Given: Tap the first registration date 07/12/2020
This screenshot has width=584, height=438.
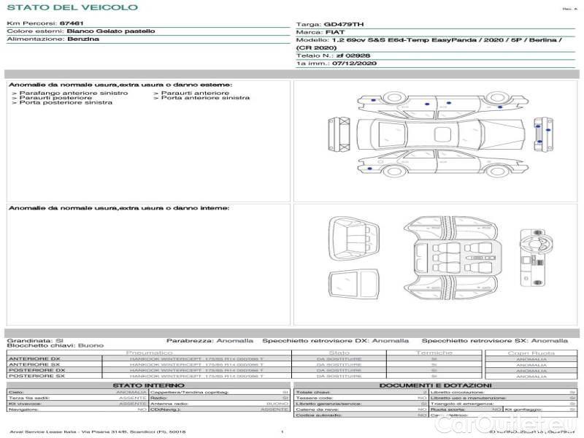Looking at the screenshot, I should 353,64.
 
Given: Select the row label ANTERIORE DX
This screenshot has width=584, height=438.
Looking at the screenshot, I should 34,359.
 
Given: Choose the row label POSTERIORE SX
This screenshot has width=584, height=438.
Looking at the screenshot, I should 36,376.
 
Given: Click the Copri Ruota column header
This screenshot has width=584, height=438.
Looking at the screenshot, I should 531,353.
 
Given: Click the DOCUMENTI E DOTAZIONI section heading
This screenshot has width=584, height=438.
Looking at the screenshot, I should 435,385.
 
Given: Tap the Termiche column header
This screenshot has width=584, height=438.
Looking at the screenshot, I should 434,353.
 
